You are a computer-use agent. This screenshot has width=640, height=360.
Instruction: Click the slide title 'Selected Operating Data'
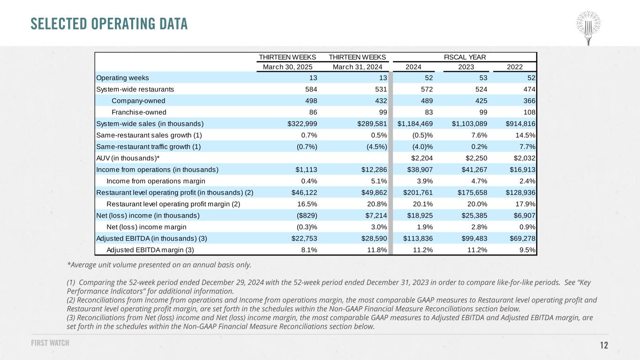[109, 24]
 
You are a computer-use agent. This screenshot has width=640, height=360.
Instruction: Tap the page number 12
[604, 345]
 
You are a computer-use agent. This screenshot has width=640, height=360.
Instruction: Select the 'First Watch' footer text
[50, 343]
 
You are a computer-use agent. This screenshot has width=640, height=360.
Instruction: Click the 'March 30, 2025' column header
[287, 67]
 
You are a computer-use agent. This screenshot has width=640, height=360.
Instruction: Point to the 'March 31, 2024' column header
[357, 67]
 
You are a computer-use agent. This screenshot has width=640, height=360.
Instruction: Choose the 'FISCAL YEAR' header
[465, 57]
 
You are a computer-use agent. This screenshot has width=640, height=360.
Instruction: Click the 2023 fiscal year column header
[466, 67]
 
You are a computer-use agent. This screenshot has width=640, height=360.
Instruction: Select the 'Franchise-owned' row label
[139, 112]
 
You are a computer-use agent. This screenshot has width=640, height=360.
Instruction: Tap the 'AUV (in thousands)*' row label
[128, 158]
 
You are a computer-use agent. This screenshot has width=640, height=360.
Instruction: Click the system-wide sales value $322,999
[302, 124]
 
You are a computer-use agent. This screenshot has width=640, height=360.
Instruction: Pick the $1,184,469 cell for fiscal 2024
[415, 124]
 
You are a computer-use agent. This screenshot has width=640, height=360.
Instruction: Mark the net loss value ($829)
[307, 216]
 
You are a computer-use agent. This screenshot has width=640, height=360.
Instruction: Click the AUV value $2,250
[476, 158]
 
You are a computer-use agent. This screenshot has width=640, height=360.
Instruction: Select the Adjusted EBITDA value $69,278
[523, 238]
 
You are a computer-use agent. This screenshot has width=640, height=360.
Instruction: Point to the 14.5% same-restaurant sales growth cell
[526, 135]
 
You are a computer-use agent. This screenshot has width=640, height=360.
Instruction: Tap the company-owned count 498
[311, 101]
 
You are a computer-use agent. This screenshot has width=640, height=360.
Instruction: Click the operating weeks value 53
[483, 78]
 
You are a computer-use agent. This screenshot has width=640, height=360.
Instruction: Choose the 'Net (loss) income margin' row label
[146, 227]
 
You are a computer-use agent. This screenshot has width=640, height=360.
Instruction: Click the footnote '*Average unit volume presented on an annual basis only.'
[159, 265]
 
